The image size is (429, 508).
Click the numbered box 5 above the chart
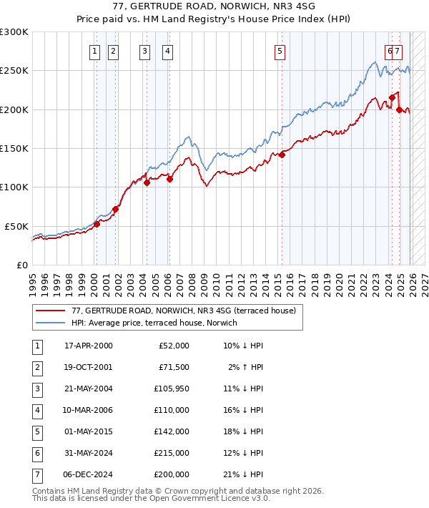[x=279, y=51]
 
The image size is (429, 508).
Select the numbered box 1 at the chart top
[x=95, y=51]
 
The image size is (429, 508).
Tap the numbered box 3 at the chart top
[x=145, y=51]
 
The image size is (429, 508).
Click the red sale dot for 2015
[x=282, y=155]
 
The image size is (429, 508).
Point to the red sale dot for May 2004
[x=147, y=182]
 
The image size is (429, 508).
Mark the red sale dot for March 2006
[x=169, y=180]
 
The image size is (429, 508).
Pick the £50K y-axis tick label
[x=17, y=226]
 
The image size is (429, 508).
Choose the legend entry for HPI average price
[x=153, y=323]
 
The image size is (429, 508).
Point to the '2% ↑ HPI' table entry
[x=246, y=367]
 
